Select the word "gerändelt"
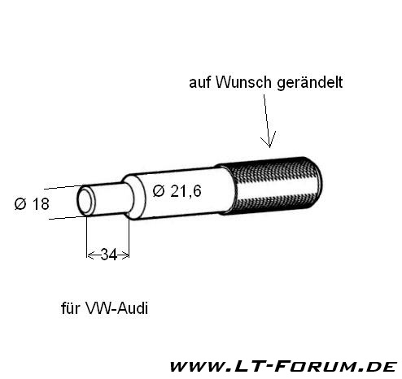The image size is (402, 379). click(310, 83)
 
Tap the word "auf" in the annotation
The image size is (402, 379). click(200, 82)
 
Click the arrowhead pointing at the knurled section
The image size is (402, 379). click(269, 140)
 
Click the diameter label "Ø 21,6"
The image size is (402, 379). click(177, 191)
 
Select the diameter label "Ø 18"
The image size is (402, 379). click(32, 204)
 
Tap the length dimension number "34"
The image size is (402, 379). click(109, 255)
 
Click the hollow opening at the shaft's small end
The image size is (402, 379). click(85, 201)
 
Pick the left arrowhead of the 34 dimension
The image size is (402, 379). click(90, 255)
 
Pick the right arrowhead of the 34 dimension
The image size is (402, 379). click(125, 255)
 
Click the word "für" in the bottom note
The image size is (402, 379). click(71, 308)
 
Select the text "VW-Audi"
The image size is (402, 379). click(116, 308)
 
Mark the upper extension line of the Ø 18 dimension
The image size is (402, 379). click(63, 187)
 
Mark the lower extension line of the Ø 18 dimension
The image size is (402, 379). click(68, 218)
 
